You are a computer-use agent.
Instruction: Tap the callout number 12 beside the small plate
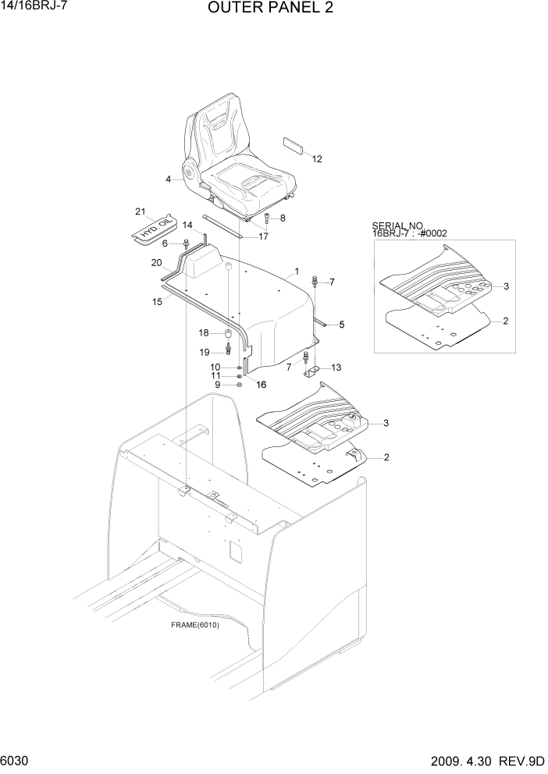click(x=317, y=159)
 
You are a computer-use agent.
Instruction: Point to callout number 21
click(x=141, y=211)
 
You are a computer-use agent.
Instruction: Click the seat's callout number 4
click(x=168, y=179)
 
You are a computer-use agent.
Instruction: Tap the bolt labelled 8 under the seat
click(x=268, y=218)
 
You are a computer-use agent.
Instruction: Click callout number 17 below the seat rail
click(x=264, y=236)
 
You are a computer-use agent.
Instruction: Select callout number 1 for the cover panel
click(x=297, y=272)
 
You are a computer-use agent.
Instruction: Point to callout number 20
click(x=156, y=262)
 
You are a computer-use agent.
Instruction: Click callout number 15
click(x=157, y=300)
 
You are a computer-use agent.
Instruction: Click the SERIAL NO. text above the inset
click(x=397, y=225)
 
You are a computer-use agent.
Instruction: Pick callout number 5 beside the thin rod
click(x=341, y=324)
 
